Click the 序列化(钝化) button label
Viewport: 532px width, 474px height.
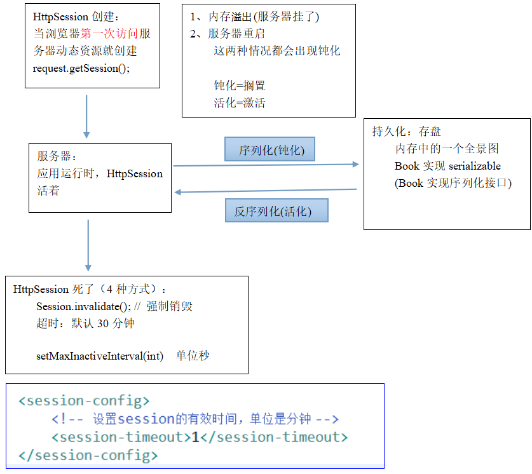tap(271, 151)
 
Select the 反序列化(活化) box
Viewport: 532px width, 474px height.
tap(276, 211)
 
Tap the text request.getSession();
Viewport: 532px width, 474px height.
tap(81, 68)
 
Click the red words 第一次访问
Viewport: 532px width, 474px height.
tap(109, 34)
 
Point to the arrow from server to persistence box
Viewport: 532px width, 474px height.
tap(266, 165)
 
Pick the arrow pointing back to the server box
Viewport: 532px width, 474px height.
tap(266, 191)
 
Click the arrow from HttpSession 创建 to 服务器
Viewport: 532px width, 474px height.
tap(86, 116)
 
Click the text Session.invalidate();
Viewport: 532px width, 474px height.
tap(83, 306)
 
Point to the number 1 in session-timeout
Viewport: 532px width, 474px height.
tap(196, 437)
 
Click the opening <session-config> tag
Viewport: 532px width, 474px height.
tap(84, 401)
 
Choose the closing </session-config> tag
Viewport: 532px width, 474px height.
tap(88, 456)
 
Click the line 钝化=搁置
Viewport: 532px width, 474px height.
tap(240, 86)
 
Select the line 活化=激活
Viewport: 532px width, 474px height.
tap(240, 103)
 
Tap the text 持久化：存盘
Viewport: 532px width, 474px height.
tap(406, 132)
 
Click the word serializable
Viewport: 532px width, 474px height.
tap(475, 166)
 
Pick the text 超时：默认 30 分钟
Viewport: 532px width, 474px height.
tap(85, 323)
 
